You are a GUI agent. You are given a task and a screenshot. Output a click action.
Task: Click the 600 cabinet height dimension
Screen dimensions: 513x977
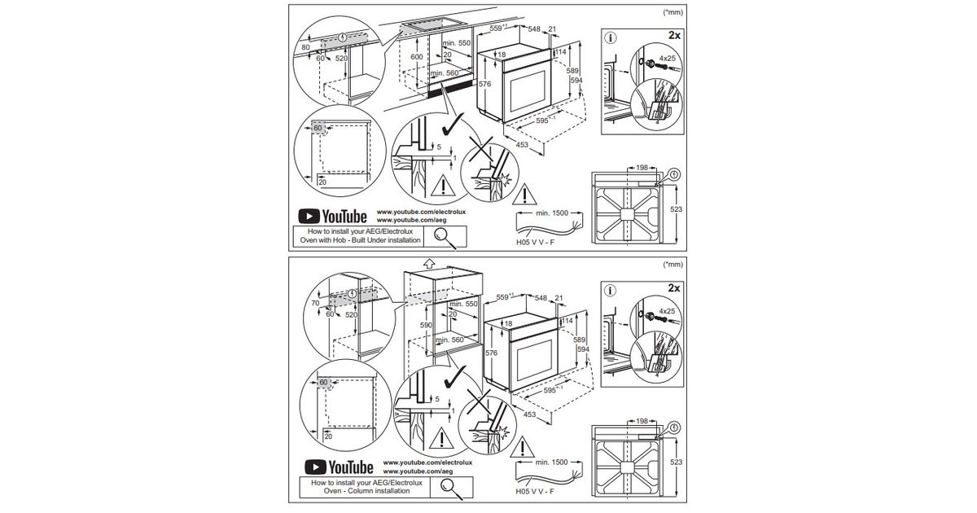point(416,57)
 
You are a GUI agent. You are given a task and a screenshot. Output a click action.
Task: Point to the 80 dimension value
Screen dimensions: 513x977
point(305,48)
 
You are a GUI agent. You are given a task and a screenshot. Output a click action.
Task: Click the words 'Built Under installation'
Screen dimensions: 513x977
point(383,241)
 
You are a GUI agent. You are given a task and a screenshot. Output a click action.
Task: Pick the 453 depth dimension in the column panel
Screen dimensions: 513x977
point(532,415)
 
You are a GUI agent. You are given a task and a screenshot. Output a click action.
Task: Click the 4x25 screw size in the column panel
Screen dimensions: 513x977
point(668,311)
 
